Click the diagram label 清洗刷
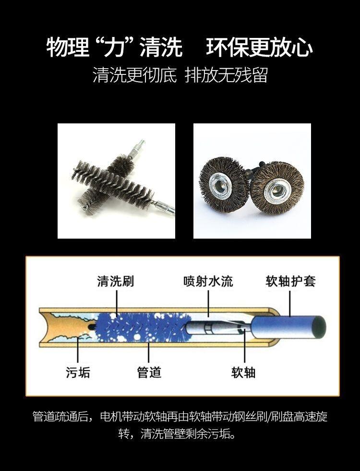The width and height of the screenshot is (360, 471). (115, 281)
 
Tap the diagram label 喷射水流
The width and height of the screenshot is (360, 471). (208, 281)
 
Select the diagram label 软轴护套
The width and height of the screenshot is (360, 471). (290, 281)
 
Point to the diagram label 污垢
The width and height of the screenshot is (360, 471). (78, 373)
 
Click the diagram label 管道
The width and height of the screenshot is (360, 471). (149, 373)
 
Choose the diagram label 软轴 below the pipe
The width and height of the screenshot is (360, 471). (243, 373)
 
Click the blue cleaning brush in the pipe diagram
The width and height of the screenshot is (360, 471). (143, 327)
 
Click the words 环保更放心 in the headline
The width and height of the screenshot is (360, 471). (259, 48)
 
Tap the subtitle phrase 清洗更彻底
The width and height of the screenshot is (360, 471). (134, 75)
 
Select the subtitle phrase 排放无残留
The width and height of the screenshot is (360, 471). (226, 75)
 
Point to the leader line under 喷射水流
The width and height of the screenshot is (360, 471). (208, 303)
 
